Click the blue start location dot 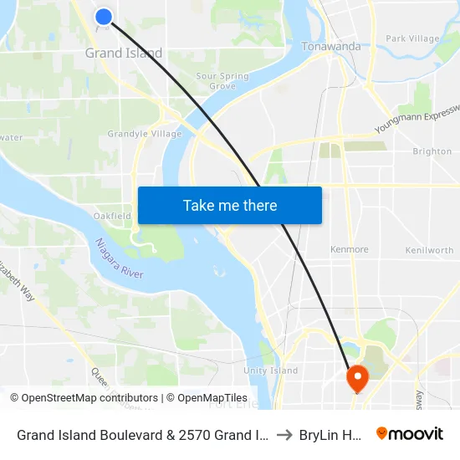104,16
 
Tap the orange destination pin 357,378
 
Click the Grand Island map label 124,54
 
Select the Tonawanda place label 331,47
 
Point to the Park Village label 412,38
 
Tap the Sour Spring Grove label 222,81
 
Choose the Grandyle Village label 145,134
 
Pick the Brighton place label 432,151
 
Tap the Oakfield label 111,216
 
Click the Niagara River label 119,258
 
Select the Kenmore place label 349,249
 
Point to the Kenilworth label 429,250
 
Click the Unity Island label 270,371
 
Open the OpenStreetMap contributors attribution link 90,398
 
